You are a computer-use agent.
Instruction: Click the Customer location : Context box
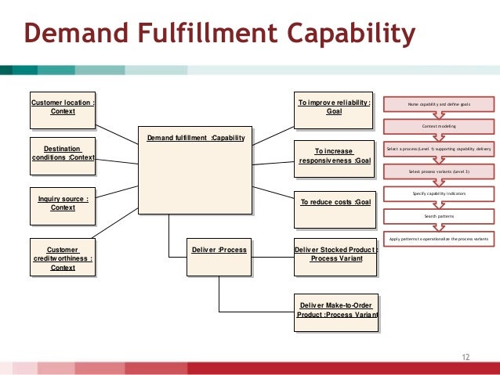tap(62, 107)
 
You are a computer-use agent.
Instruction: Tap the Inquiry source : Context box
tap(62, 204)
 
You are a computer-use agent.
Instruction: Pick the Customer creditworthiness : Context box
tap(62, 258)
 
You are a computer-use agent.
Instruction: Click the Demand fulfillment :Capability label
tap(195, 139)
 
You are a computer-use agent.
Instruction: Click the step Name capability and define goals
tap(439, 104)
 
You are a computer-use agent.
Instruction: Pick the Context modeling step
tap(439, 126)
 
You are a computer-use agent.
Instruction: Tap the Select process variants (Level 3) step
tap(439, 170)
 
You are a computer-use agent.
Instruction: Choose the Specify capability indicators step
tap(439, 193)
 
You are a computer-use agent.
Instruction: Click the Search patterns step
tap(439, 215)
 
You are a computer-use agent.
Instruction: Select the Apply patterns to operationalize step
tap(439, 237)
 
